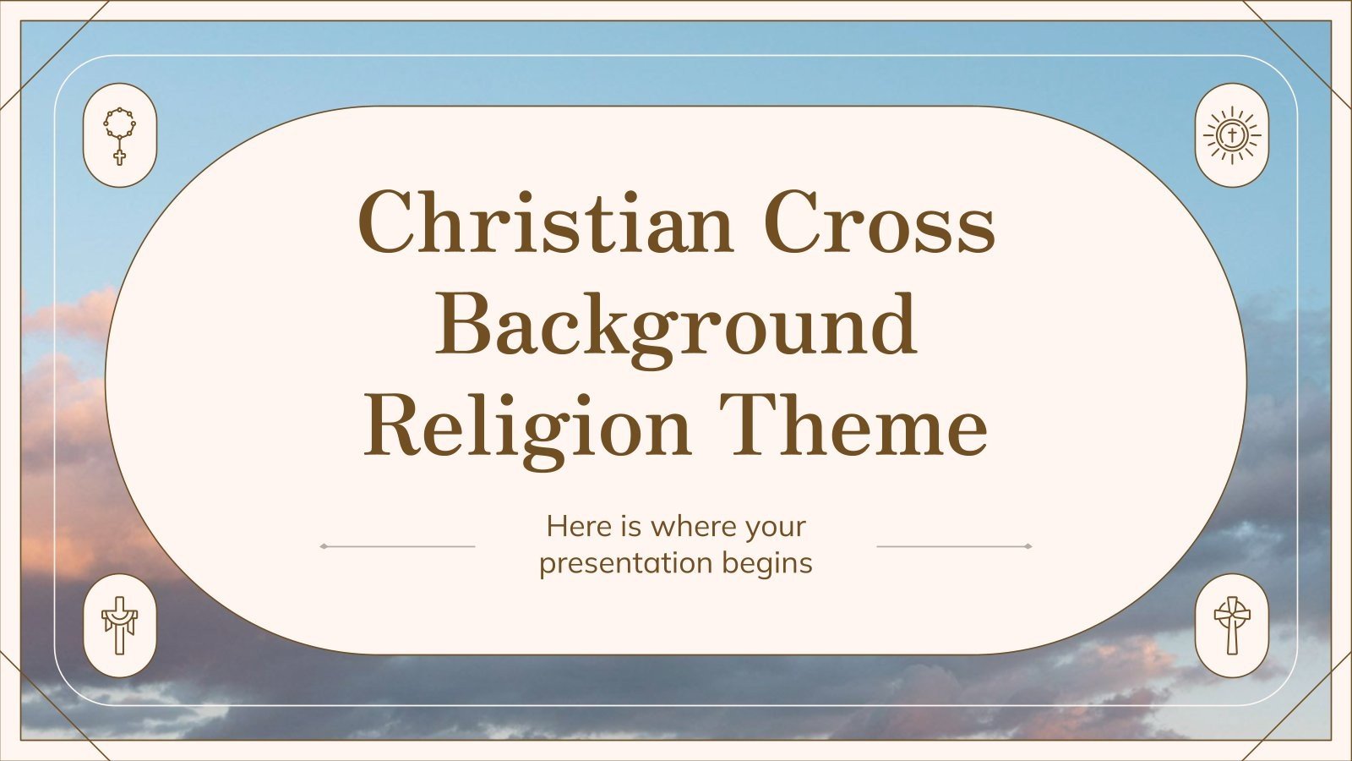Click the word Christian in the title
tap(545, 222)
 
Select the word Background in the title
tap(676, 326)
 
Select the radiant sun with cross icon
tap(1232, 135)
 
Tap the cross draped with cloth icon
tap(119, 625)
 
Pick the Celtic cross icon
tap(1232, 625)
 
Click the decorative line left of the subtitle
tap(397, 546)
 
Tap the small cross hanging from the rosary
tap(119, 156)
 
